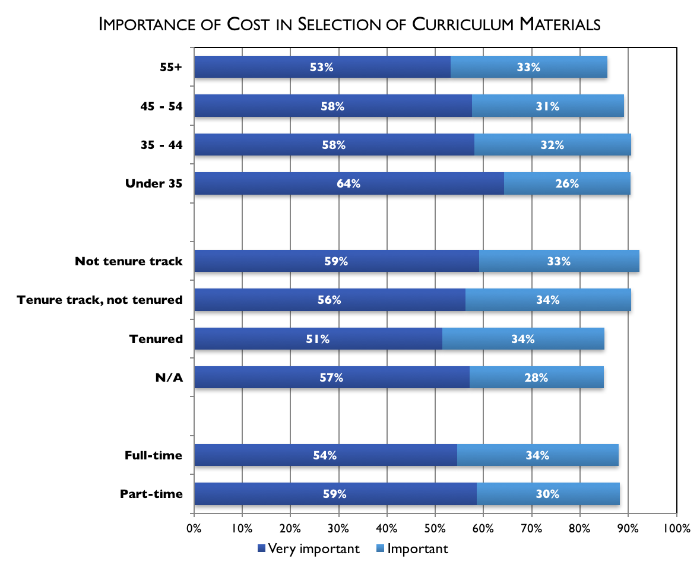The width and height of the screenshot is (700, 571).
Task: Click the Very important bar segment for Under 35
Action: point(349,183)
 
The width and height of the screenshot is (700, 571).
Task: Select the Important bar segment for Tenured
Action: point(523,339)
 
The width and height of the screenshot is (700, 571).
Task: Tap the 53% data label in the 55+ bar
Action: point(322,67)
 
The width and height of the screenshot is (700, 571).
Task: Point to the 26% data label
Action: point(567,183)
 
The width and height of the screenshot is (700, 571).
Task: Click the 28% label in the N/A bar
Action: point(536,378)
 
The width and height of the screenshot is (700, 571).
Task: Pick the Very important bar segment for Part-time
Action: point(335,494)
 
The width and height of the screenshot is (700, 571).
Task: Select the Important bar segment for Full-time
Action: point(538,455)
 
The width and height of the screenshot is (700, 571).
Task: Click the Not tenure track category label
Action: point(129,261)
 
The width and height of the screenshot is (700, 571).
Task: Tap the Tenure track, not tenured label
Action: point(100,300)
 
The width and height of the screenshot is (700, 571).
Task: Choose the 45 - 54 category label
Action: point(161,106)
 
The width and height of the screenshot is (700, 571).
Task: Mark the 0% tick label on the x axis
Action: point(194,529)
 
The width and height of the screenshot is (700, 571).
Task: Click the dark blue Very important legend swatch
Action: point(262,548)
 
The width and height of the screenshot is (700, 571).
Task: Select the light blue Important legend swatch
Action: point(381,548)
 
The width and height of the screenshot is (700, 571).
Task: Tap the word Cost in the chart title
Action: point(248,24)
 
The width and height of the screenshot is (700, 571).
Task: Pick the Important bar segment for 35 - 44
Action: point(553,145)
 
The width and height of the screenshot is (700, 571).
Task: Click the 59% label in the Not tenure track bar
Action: point(336,261)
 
